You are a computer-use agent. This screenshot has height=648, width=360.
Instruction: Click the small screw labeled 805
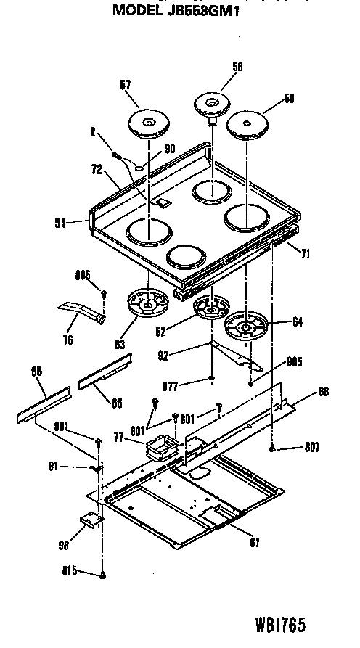(104, 293)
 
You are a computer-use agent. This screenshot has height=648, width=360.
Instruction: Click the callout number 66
(324, 392)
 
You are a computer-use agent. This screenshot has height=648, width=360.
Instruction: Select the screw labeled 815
(104, 575)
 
